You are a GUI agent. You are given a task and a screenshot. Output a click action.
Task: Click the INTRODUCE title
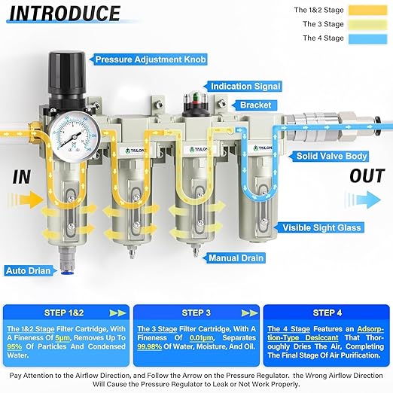pos(66,14)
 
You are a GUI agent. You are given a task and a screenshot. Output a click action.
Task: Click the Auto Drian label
pos(28,270)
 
